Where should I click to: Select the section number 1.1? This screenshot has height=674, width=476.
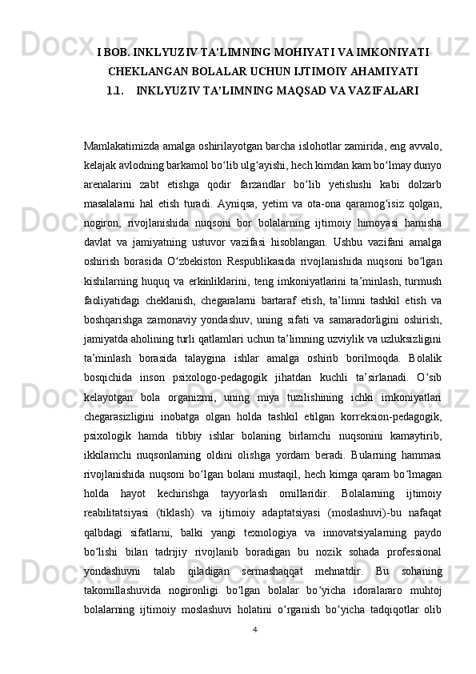[118, 91]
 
